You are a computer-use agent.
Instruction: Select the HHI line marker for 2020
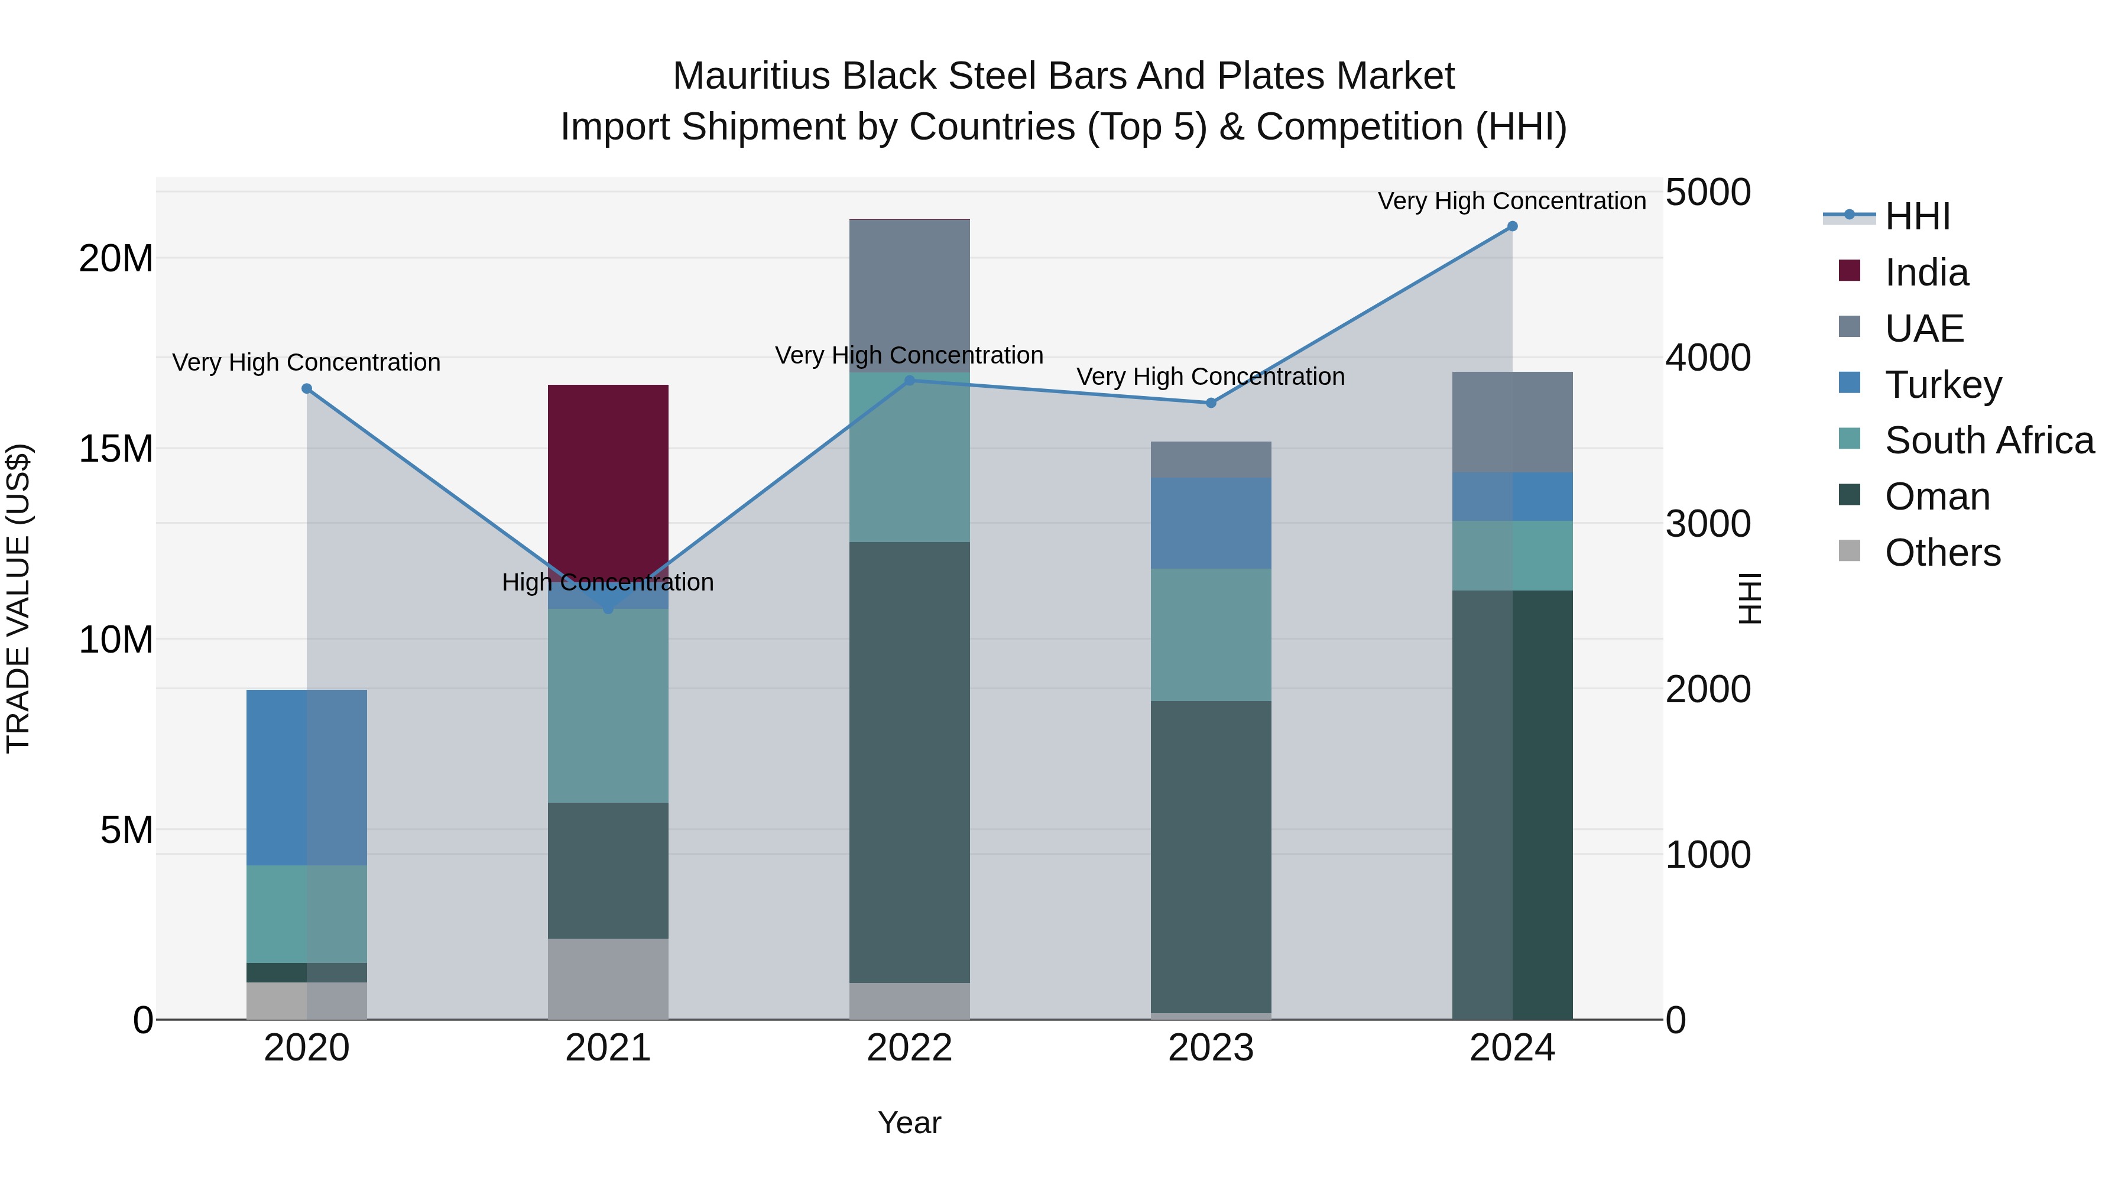tap(306, 388)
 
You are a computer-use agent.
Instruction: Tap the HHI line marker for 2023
tap(1211, 403)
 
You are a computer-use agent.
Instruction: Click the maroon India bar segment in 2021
tap(608, 475)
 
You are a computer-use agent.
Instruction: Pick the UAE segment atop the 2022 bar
tap(910, 295)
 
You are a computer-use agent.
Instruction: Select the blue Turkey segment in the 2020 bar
tap(306, 777)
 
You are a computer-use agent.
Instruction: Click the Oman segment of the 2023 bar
tap(1211, 857)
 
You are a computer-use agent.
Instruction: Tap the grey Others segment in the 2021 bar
tap(608, 979)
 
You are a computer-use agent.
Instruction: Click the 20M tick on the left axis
tap(116, 258)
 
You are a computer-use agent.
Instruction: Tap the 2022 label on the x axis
tap(910, 1048)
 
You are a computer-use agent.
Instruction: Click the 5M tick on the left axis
tap(126, 829)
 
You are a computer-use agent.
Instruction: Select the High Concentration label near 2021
tap(608, 582)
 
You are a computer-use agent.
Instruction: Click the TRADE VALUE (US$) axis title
tap(18, 598)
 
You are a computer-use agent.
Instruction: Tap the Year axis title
tap(910, 1123)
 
